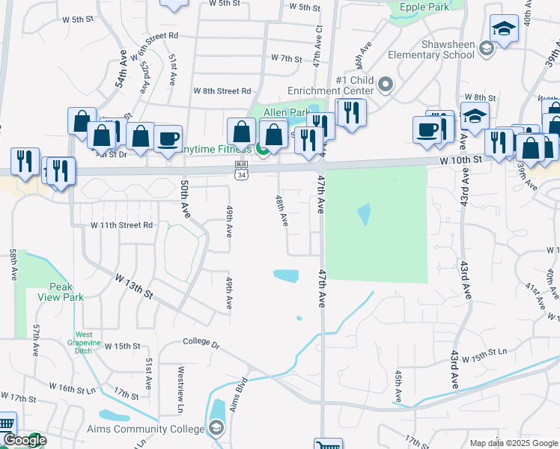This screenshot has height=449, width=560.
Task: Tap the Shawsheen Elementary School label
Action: (x=438, y=49)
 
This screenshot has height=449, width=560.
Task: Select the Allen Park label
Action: (x=286, y=112)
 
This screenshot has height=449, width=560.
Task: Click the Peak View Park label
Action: (x=66, y=292)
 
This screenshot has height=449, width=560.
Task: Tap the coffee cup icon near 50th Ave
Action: (x=168, y=138)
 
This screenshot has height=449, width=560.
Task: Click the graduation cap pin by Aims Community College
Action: (x=216, y=428)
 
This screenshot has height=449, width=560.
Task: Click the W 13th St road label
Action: (x=134, y=287)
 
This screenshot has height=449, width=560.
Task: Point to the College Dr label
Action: (x=201, y=344)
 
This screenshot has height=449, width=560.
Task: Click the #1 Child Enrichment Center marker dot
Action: (x=386, y=84)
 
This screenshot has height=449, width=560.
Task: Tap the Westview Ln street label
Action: (x=180, y=389)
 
